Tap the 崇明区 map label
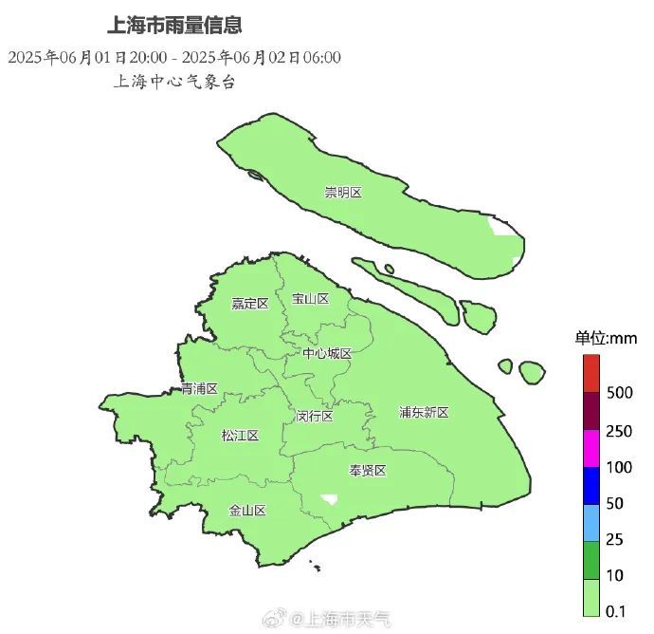[343, 193]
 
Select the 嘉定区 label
[250, 304]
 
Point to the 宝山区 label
[310, 299]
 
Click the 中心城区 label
[327, 354]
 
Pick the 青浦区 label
[200, 389]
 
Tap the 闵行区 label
[314, 416]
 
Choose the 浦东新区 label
[423, 412]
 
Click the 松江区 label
[240, 436]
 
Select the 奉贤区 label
[368, 471]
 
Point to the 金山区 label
[246, 510]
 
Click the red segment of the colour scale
[591, 372]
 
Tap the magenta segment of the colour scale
[591, 448]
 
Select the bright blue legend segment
[591, 486]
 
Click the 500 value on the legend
[619, 393]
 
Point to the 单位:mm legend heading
[606, 338]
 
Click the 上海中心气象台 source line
[173, 82]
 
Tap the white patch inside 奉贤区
[330, 497]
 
